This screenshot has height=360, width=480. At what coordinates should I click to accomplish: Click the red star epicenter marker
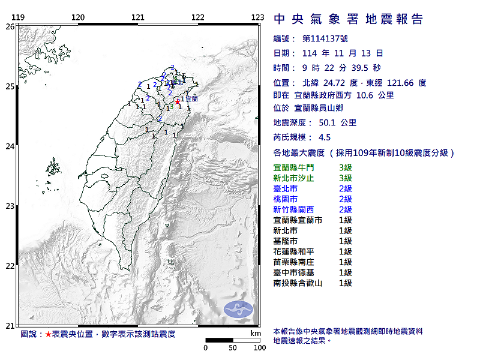pyautogui.click(x=178, y=101)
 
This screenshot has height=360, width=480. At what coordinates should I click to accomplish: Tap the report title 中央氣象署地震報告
pyautogui.click(x=348, y=20)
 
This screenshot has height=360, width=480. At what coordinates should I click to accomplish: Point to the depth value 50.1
pyautogui.click(x=328, y=122)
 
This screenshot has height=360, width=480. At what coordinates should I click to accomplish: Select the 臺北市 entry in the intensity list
pyautogui.click(x=285, y=188)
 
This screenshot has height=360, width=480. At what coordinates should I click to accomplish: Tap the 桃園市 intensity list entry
pyautogui.click(x=285, y=199)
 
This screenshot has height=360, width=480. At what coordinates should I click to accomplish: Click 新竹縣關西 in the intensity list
pyautogui.click(x=293, y=209)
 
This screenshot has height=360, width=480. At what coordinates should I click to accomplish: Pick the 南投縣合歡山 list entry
pyautogui.click(x=298, y=283)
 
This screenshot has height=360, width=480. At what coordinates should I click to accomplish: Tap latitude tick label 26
pyautogui.click(x=10, y=26)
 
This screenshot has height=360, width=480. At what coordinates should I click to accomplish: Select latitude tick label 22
pyautogui.click(x=10, y=266)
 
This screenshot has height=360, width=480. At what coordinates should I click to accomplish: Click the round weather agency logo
pyautogui.click(x=235, y=310)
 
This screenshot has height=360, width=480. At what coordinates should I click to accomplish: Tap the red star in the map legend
pyautogui.click(x=49, y=334)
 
